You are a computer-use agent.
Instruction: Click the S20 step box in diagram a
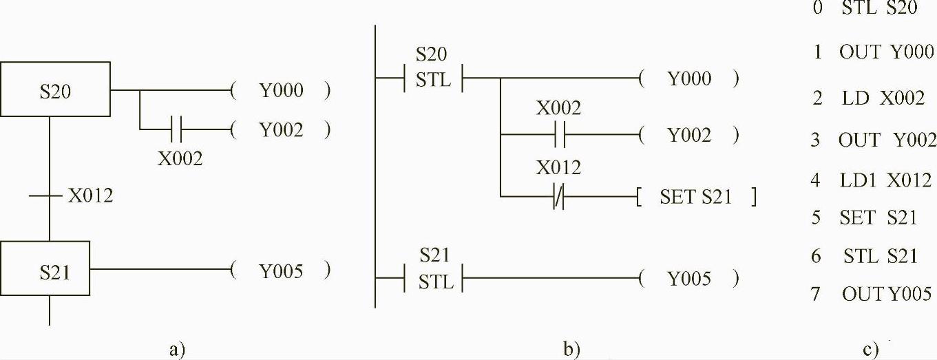pyautogui.click(x=55, y=89)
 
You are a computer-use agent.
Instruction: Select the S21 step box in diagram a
pyautogui.click(x=55, y=271)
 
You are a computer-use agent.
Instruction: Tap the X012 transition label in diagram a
pyautogui.click(x=90, y=196)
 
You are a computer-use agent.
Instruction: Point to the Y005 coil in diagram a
pyautogui.click(x=281, y=271)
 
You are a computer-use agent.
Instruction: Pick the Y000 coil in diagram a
pyautogui.click(x=281, y=90)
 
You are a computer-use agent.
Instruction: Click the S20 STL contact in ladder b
pyautogui.click(x=432, y=78)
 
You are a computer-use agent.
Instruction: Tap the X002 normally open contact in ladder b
pyautogui.click(x=560, y=135)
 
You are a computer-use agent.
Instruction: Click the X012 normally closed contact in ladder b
pyautogui.click(x=560, y=198)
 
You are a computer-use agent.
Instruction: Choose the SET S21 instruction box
pyautogui.click(x=697, y=198)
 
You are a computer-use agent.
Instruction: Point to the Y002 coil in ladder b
pyautogui.click(x=689, y=135)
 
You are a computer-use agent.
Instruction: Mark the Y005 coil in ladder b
pyautogui.click(x=689, y=279)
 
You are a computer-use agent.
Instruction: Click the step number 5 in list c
pyautogui.click(x=817, y=218)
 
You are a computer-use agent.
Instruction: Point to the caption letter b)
pyautogui.click(x=571, y=349)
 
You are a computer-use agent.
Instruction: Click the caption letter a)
pyautogui.click(x=177, y=349)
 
